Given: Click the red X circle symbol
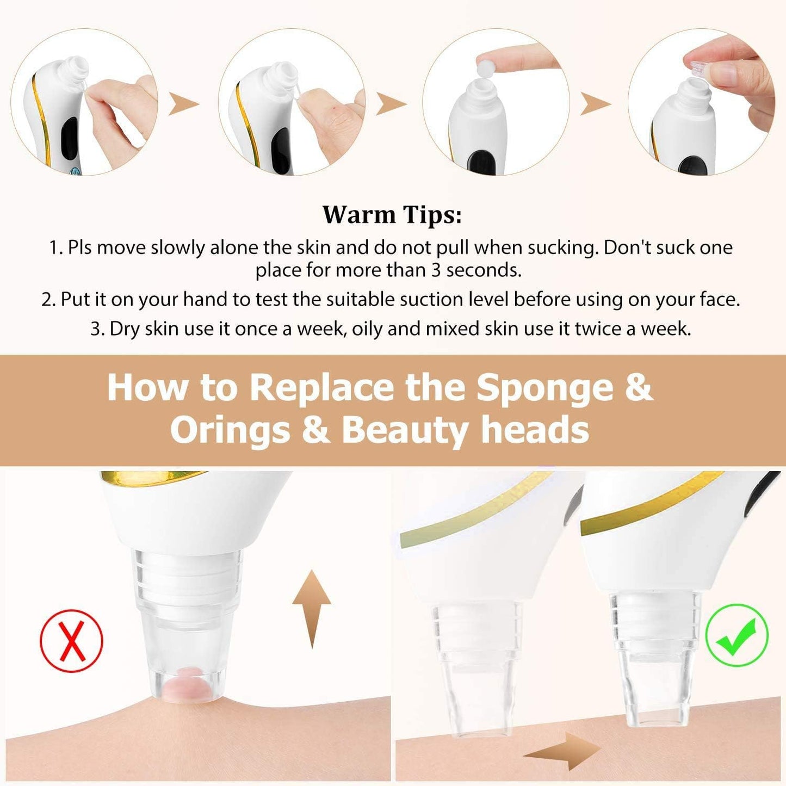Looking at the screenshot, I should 71,641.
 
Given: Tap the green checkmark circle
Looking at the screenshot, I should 737,635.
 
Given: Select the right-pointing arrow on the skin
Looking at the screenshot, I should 563,751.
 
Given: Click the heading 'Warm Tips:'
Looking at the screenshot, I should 392,214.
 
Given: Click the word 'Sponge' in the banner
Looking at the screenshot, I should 544,387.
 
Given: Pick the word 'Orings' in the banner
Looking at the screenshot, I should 230,430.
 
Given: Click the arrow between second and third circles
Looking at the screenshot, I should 391,103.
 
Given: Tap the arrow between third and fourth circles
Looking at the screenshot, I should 595,103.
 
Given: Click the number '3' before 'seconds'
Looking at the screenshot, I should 436,270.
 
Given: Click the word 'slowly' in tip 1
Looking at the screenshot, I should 177,247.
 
